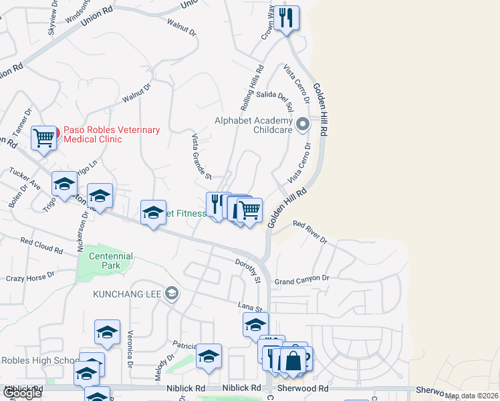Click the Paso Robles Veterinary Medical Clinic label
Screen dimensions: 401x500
click(x=112, y=134)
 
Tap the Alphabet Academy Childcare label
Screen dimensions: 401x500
click(x=253, y=125)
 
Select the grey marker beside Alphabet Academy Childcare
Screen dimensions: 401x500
click(x=303, y=124)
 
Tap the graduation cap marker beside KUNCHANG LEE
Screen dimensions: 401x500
click(x=172, y=293)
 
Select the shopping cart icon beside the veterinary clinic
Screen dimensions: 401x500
click(x=44, y=138)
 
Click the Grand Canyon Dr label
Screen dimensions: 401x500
click(x=302, y=278)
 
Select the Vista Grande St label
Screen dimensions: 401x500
click(x=201, y=156)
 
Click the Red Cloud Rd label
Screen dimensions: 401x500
click(x=41, y=245)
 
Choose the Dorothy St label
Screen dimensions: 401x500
click(x=247, y=271)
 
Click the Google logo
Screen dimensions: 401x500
click(x=21, y=393)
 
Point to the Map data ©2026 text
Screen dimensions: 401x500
click(x=471, y=396)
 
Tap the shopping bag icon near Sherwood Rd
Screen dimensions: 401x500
click(x=293, y=360)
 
